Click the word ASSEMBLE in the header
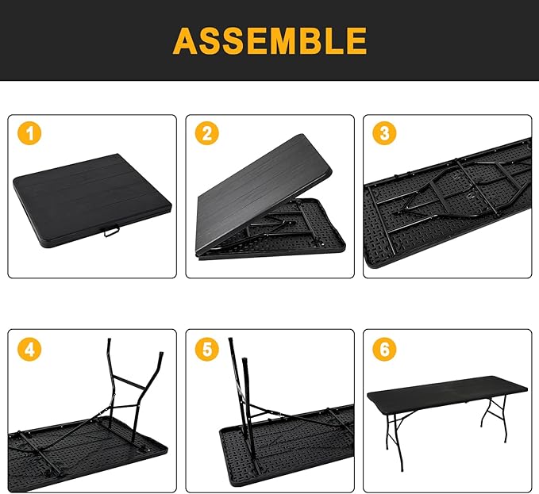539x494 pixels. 270,40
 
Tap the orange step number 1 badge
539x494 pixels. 30,134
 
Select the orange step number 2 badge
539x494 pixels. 207,134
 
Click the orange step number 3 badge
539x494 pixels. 385,134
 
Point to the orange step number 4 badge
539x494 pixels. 30,349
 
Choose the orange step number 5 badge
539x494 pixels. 207,349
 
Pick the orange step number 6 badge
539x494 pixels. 385,349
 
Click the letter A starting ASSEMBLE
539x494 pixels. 187,40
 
